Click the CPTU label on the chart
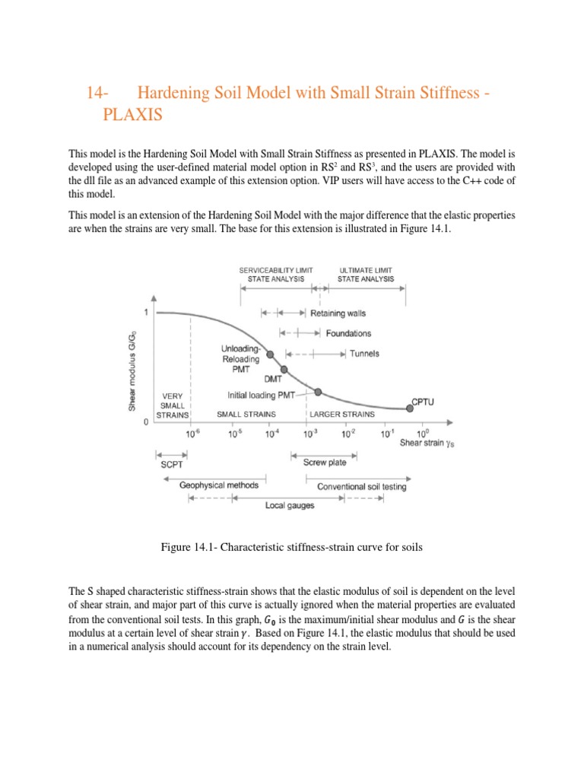[x=424, y=400]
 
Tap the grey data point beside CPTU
[x=411, y=409]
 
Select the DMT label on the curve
[x=272, y=379]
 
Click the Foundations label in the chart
[x=348, y=333]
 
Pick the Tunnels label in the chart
[x=364, y=354]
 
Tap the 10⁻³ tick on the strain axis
[x=309, y=434]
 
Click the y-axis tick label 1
[x=146, y=313]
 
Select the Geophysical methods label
[x=218, y=485]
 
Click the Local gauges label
[x=290, y=505]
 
